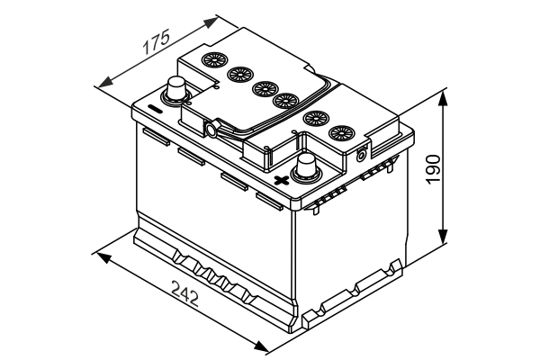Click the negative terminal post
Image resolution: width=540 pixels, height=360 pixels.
175,89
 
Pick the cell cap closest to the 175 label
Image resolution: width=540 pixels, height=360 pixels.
214,61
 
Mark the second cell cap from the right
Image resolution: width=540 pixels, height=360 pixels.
315,117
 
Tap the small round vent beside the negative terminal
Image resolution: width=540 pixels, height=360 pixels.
211,130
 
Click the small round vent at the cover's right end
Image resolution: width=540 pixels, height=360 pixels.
362,154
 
